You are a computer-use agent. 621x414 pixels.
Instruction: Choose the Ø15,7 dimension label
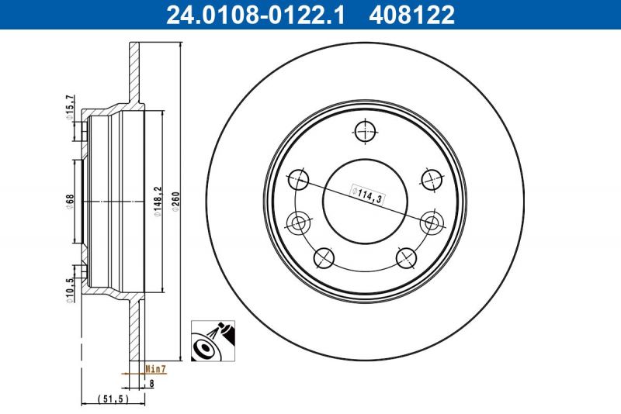pyautogui.click(x=69, y=105)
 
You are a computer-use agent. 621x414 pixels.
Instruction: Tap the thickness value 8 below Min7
pyautogui.click(x=152, y=382)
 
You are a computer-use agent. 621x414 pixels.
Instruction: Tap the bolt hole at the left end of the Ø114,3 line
pyautogui.click(x=298, y=180)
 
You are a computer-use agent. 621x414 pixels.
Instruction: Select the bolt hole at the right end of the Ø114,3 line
pyautogui.click(x=431, y=223)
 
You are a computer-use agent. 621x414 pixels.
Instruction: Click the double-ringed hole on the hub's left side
pyautogui.click(x=298, y=224)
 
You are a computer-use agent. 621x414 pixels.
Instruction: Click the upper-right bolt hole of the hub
pyautogui.click(x=431, y=179)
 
